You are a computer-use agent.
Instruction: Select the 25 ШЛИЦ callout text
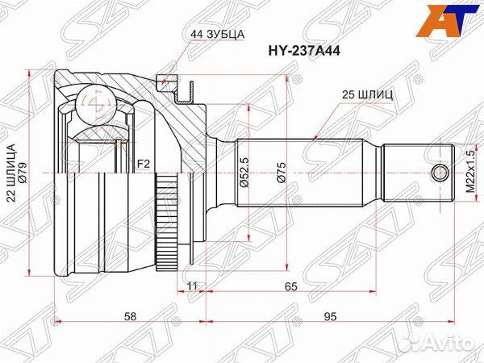coord(368,94)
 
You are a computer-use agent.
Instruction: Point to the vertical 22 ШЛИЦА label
coord(11,174)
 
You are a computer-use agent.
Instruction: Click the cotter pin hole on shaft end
coord(440,173)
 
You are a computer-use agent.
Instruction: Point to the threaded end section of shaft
coord(416,173)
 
